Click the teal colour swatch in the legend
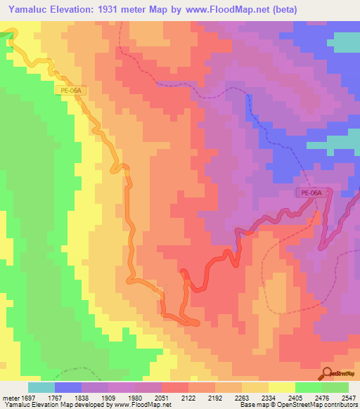pos(41,387)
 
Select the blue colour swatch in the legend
pos(68,387)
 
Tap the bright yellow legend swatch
pos(282,387)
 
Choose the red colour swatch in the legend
pos(175,387)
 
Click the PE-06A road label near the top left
pos(70,91)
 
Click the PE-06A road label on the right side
pos(311,193)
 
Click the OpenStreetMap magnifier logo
pos(328,372)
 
